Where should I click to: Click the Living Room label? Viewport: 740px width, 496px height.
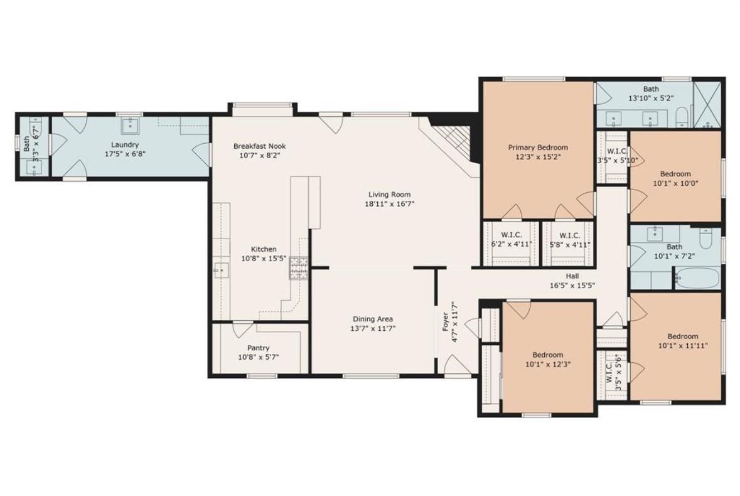[389, 195]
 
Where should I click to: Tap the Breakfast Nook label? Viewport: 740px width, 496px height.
[260, 146]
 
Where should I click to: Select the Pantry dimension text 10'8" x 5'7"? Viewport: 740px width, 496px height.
[259, 357]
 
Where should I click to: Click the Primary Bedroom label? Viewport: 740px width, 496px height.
[538, 148]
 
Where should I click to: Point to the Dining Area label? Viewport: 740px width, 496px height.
[373, 319]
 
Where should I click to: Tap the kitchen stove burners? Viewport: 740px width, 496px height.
[298, 268]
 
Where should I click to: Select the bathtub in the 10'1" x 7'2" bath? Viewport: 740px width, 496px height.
[697, 278]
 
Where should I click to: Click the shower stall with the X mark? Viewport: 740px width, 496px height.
[709, 105]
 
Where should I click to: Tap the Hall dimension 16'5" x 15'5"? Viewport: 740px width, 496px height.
[572, 286]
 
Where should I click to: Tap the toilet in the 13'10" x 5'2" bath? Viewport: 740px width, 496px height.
[682, 117]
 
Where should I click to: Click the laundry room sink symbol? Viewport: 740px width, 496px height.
[129, 126]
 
